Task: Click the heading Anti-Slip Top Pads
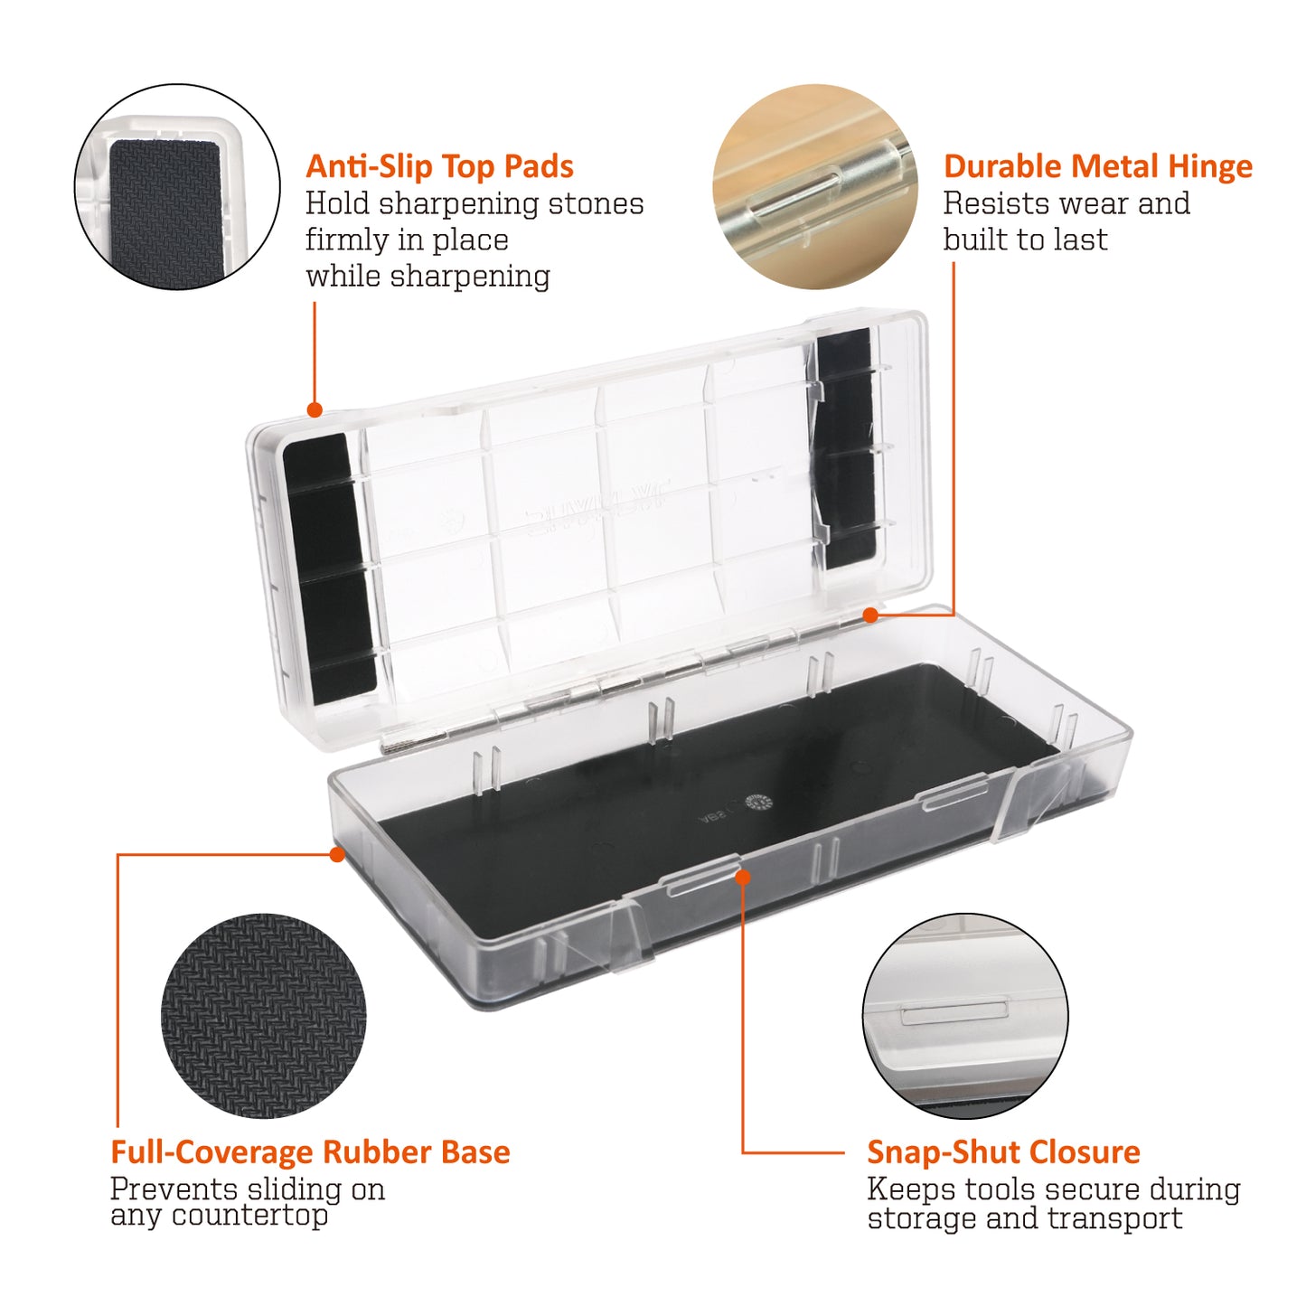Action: click(439, 166)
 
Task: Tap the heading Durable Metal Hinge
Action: click(1098, 166)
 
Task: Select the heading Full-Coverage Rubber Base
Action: click(310, 1152)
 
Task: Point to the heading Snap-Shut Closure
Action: click(1004, 1152)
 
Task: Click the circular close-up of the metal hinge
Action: click(814, 187)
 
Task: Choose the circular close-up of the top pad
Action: click(177, 187)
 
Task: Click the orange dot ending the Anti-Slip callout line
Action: click(315, 409)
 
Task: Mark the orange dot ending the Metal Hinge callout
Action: click(871, 615)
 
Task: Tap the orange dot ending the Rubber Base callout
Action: click(337, 854)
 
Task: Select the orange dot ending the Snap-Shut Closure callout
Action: click(743, 877)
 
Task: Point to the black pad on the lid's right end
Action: click(847, 448)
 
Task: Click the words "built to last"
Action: click(1026, 240)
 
